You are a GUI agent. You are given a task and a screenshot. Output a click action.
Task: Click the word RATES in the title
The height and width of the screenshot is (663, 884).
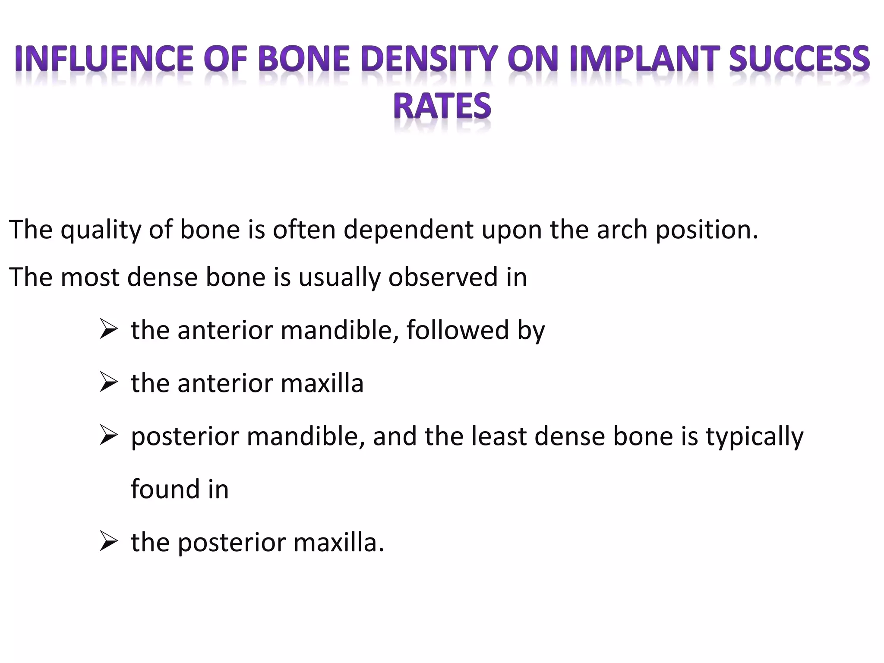(x=442, y=106)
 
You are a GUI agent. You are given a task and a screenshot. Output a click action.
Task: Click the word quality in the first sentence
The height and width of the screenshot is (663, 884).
(x=101, y=230)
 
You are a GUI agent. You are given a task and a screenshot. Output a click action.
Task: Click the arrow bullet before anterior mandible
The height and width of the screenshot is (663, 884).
(x=108, y=330)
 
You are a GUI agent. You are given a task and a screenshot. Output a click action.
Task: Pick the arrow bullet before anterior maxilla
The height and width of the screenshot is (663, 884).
(x=108, y=383)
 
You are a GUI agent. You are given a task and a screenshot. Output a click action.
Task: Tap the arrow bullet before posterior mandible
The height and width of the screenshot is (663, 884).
(x=108, y=436)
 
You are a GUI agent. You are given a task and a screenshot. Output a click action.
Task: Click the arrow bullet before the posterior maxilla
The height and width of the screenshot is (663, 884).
(x=108, y=543)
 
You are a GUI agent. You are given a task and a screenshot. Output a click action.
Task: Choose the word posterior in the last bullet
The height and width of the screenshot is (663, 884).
(x=231, y=543)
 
